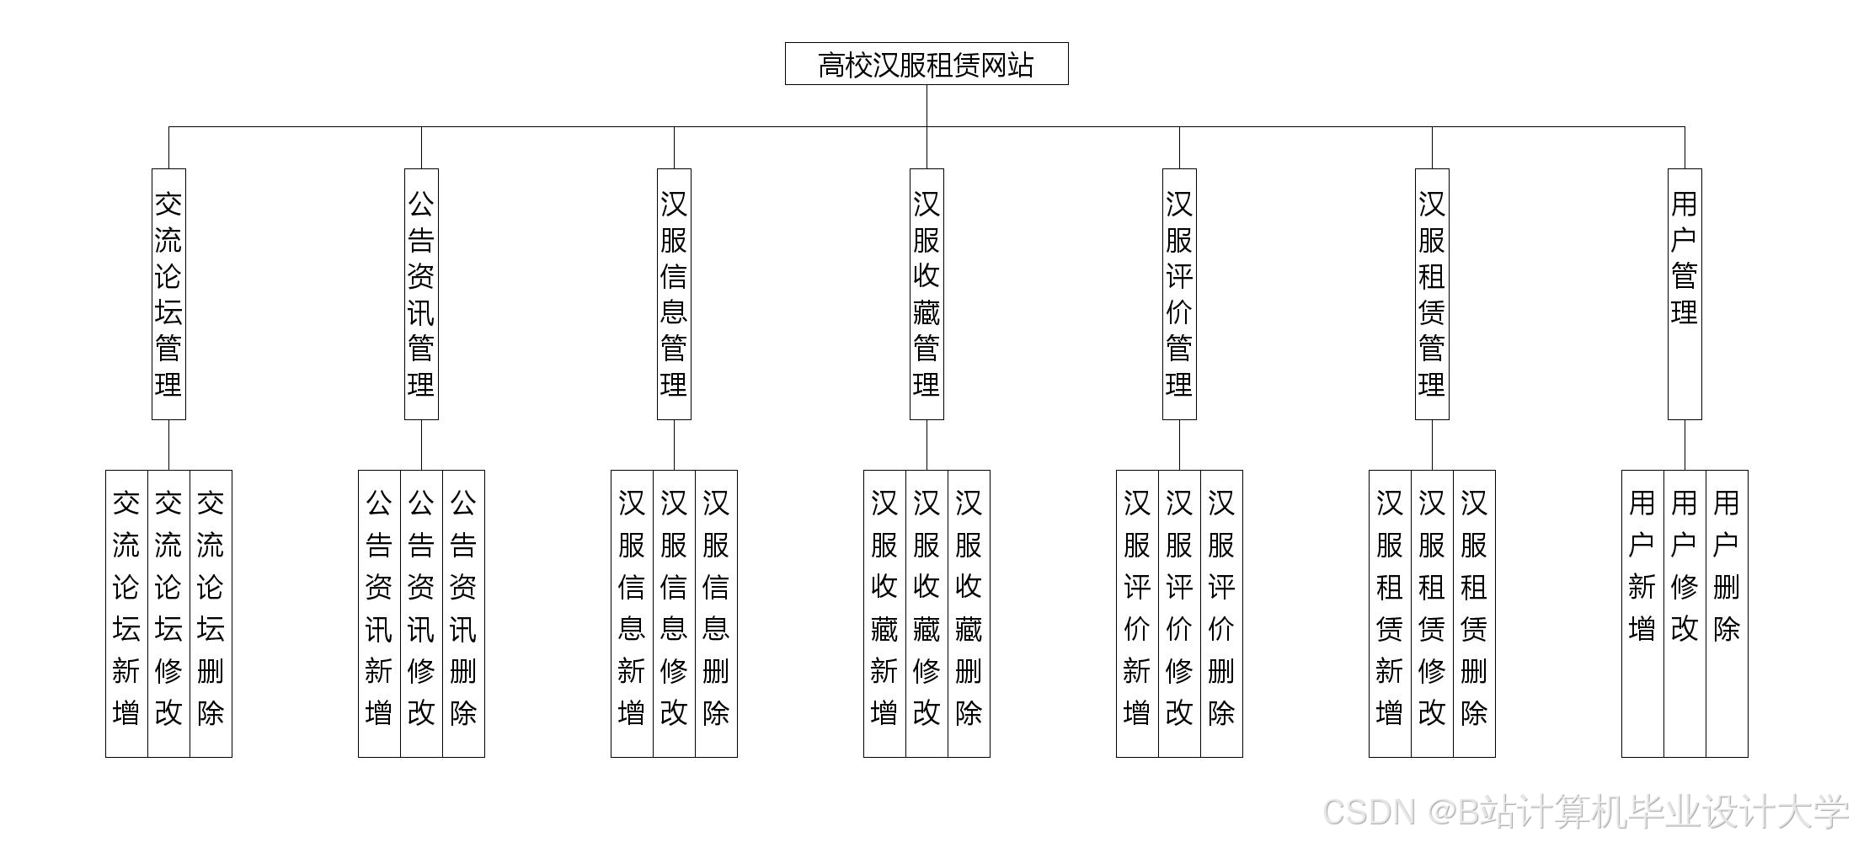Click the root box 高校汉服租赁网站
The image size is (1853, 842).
point(926,64)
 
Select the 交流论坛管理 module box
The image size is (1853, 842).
point(168,294)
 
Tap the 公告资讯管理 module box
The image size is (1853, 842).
point(421,294)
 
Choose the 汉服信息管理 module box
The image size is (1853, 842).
point(674,294)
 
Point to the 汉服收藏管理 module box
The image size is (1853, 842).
point(926,294)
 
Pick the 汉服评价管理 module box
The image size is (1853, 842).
point(1179,294)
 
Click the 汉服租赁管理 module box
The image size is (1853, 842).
point(1432,294)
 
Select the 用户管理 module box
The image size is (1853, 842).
point(1685,294)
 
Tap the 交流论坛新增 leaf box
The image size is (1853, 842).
point(126,613)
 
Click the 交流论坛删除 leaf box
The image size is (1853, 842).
point(211,613)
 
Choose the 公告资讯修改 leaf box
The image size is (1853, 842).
point(421,613)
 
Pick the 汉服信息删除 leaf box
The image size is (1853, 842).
point(716,613)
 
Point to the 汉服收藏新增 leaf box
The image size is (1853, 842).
point(884,613)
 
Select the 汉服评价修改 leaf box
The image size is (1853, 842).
point(1179,613)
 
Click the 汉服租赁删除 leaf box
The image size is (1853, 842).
point(1474,613)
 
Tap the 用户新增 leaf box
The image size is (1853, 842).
point(1642,613)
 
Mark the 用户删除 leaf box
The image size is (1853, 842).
point(1727,613)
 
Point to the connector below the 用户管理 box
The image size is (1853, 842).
point(1685,445)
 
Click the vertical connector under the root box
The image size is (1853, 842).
point(926,106)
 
